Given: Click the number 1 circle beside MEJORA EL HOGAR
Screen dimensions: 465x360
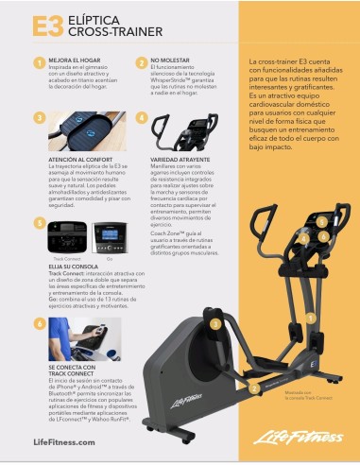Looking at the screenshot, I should coord(40,62).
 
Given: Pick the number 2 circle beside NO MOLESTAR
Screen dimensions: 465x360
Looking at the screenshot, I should coord(141,62).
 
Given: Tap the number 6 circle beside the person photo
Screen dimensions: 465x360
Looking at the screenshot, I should coord(40,322).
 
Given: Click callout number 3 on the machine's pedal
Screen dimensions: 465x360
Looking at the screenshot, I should coord(216,322).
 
